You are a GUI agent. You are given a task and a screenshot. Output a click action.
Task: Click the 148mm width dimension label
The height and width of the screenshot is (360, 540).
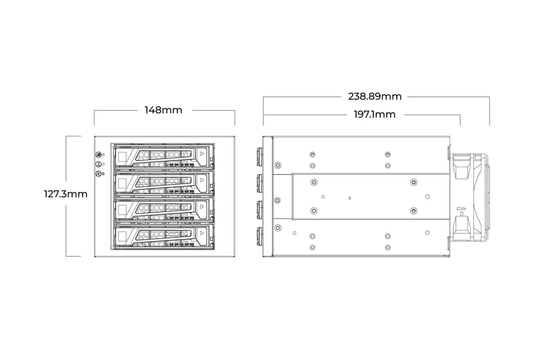(163, 110)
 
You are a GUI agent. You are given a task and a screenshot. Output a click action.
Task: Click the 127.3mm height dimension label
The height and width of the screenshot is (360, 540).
(66, 194)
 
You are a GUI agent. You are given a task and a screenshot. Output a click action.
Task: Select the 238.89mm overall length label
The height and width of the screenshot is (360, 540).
(375, 96)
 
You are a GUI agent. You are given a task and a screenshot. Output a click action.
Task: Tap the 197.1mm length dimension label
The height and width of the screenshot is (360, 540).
(375, 115)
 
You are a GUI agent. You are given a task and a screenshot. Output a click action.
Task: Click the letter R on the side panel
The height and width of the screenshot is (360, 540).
(350, 198)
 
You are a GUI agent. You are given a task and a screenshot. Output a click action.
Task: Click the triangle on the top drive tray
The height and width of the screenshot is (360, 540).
(202, 154)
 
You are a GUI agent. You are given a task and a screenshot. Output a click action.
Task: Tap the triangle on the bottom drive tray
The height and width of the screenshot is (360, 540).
(202, 233)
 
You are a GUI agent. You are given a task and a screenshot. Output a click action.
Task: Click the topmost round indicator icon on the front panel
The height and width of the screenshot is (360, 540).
(98, 155)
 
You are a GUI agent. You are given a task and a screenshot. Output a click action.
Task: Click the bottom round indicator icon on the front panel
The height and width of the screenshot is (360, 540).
(98, 173)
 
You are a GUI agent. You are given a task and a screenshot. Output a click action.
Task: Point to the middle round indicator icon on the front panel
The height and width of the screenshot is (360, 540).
(98, 164)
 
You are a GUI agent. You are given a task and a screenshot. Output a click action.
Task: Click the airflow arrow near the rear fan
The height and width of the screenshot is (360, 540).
(461, 209)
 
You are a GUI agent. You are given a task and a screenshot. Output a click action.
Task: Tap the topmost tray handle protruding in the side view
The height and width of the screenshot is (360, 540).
(260, 157)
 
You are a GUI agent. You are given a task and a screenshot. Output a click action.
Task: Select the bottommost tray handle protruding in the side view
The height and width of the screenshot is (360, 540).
(260, 236)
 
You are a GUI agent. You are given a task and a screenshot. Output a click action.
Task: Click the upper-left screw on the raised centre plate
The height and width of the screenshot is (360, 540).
(314, 182)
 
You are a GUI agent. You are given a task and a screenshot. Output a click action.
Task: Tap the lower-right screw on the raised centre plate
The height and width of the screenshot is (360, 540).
(413, 211)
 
